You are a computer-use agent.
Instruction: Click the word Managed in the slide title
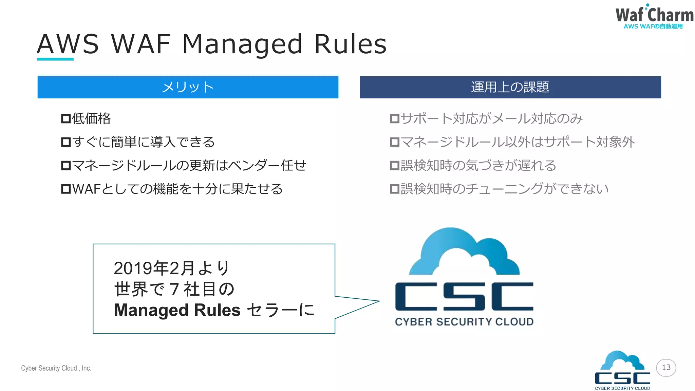click(x=242, y=45)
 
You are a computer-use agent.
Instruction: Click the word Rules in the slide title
click(x=350, y=44)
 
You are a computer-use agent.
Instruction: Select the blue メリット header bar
click(x=188, y=87)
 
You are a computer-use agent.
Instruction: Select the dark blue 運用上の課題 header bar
click(x=510, y=87)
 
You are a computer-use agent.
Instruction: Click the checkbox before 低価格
click(x=65, y=119)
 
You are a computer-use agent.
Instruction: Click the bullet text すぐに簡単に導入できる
click(x=143, y=142)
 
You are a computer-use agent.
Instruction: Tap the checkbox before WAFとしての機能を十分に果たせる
click(x=65, y=189)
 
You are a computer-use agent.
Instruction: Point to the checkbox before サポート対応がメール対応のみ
click(x=394, y=119)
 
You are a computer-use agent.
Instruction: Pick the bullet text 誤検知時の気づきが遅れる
click(x=478, y=166)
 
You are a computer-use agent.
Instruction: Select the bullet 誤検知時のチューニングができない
click(x=504, y=189)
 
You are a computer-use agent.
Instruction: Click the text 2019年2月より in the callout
click(x=171, y=268)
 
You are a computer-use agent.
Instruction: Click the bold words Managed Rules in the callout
click(x=177, y=310)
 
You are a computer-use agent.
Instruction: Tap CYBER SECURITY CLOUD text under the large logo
click(x=464, y=322)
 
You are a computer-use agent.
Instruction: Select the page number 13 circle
click(x=666, y=368)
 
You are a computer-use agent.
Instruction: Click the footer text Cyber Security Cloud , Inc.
click(x=56, y=368)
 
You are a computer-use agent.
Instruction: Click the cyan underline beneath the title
click(x=55, y=59)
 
